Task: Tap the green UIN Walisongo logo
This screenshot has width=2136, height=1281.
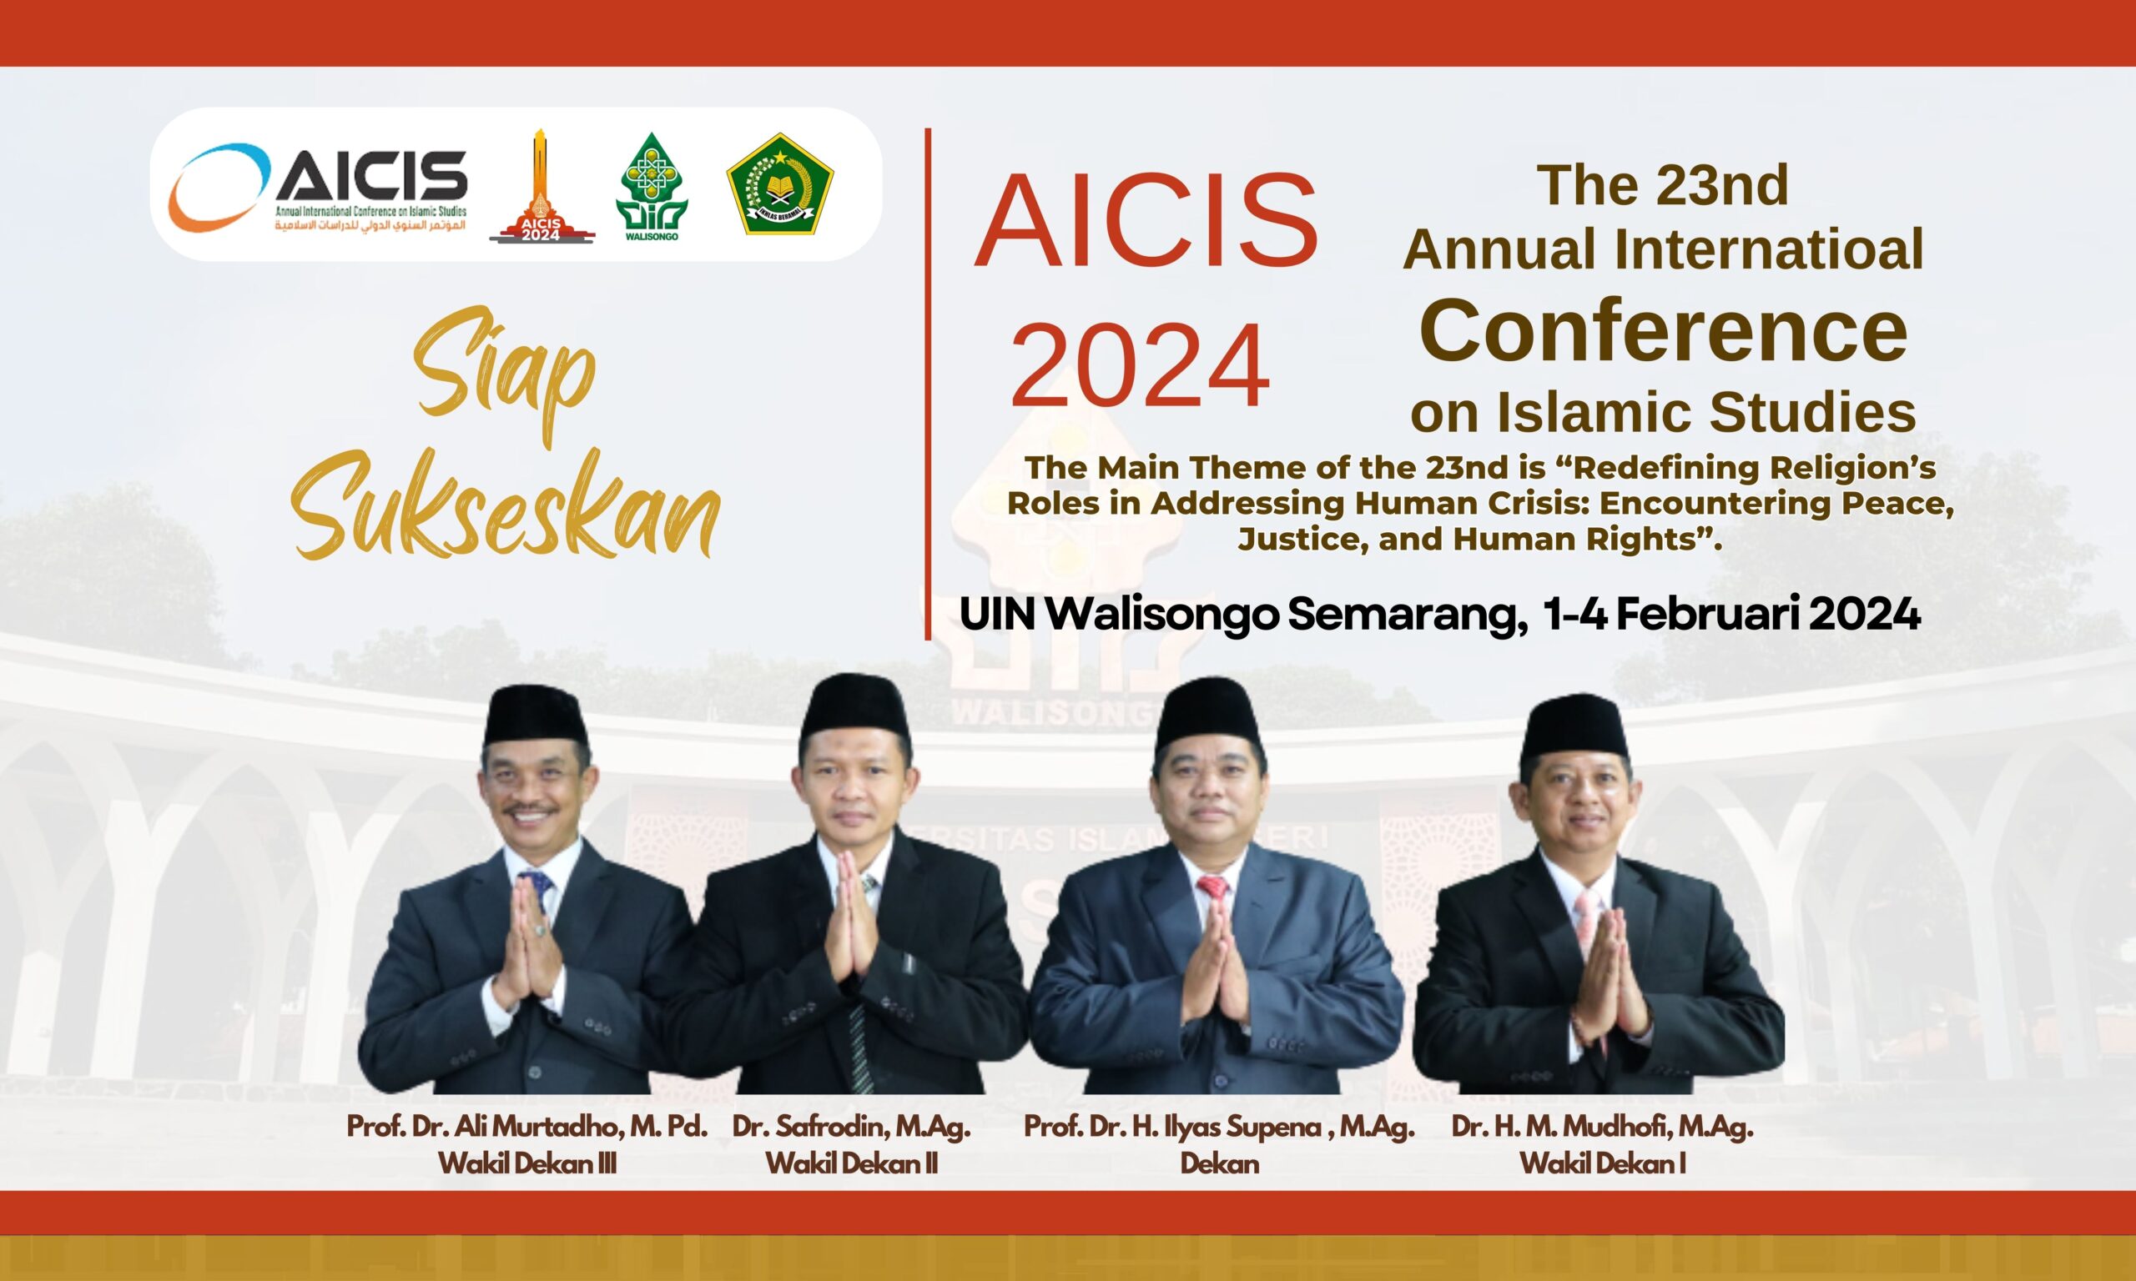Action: [x=652, y=187]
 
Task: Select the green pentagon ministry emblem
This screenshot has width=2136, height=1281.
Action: [x=780, y=183]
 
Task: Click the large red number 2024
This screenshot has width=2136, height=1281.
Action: [x=1141, y=365]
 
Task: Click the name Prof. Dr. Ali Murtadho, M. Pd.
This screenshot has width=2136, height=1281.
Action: [x=526, y=1128]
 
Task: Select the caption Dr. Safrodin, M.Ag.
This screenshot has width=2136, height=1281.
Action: [x=851, y=1128]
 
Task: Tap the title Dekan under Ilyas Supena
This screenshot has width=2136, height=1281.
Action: [x=1219, y=1163]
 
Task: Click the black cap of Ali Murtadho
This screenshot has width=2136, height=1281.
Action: [x=537, y=717]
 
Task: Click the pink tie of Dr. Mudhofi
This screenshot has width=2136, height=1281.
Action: [x=1589, y=915]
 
